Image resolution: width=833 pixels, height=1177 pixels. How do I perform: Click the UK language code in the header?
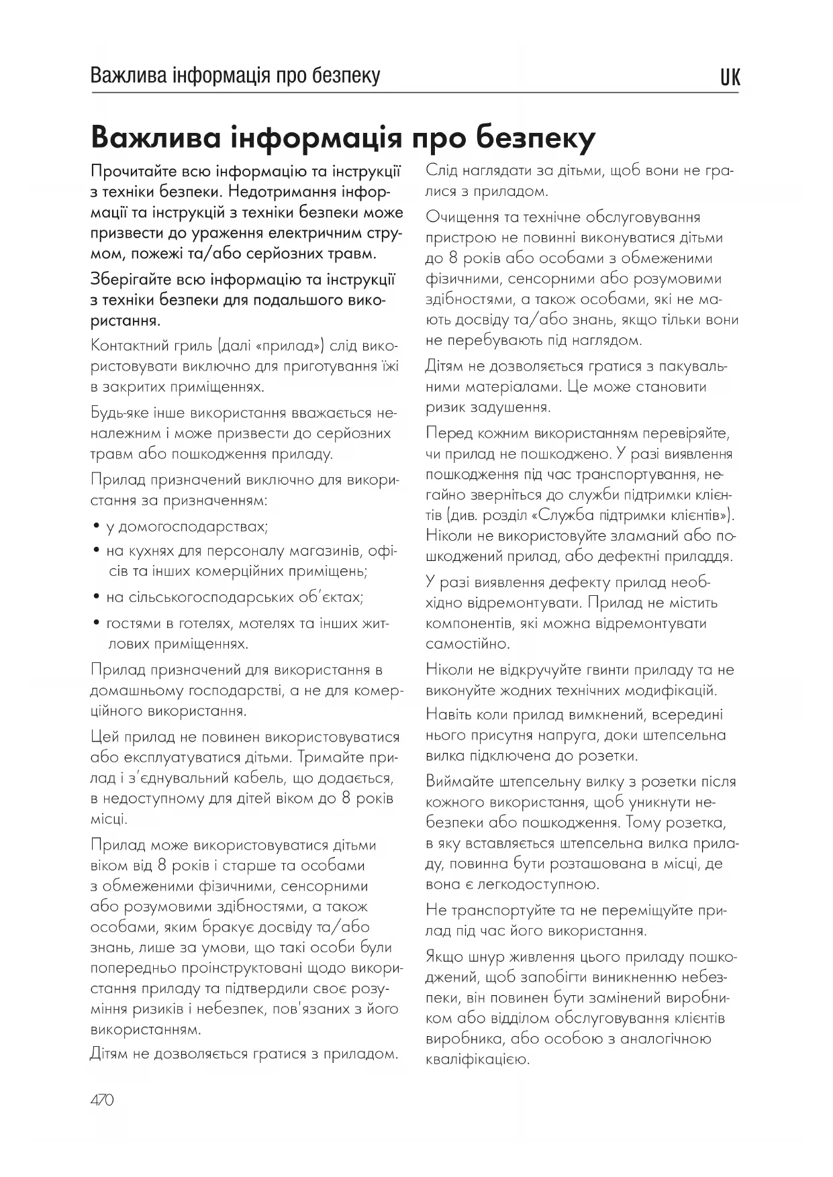point(730,78)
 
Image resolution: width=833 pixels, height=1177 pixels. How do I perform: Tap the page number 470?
point(102,1101)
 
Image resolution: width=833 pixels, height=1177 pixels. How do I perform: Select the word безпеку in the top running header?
point(346,75)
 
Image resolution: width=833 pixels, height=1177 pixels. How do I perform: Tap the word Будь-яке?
point(119,413)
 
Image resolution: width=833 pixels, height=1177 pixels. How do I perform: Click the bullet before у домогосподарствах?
point(96,527)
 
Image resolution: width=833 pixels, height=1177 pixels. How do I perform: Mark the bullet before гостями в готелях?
point(96,623)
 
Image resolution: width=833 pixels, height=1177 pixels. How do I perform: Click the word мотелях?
point(248,623)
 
